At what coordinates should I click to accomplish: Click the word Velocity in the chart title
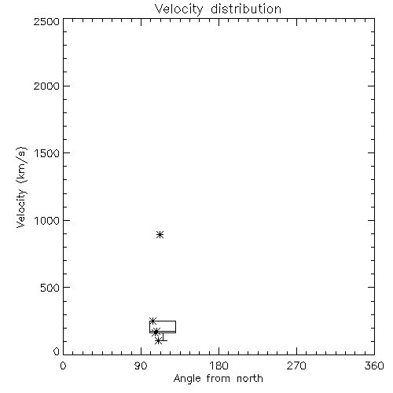tap(179, 9)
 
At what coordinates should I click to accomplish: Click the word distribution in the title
tap(246, 9)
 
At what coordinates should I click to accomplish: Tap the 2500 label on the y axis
tap(46, 21)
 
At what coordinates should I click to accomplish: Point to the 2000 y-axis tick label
tap(46, 86)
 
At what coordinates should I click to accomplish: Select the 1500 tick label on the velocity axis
tap(47, 153)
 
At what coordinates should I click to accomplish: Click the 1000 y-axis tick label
tap(47, 221)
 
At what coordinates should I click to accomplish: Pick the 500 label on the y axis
tap(50, 288)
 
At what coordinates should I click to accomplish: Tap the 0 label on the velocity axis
tap(57, 351)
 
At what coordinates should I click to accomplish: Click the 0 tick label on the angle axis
tap(63, 365)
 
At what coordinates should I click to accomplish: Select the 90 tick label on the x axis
tap(141, 365)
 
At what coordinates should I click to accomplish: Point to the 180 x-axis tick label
tap(219, 365)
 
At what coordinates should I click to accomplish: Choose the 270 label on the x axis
tap(296, 365)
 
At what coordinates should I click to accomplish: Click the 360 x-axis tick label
tap(374, 365)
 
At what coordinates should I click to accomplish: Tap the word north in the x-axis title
tap(250, 379)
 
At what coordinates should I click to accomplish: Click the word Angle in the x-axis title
tap(187, 380)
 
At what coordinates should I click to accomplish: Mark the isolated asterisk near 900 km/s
tap(160, 234)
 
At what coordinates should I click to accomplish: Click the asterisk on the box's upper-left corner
tap(152, 321)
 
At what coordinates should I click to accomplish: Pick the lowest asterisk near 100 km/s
tap(158, 341)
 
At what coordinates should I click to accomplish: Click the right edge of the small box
tap(175, 327)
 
